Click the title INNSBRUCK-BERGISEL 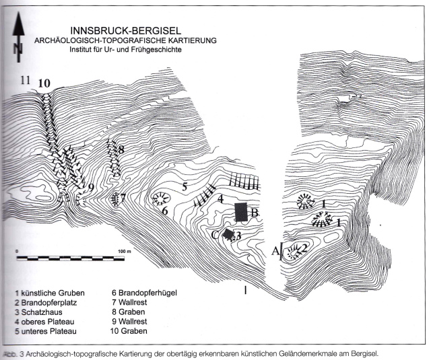[126, 30]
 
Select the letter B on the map [255, 214]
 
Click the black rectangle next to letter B [241, 212]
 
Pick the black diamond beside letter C [228, 235]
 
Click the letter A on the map [274, 250]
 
